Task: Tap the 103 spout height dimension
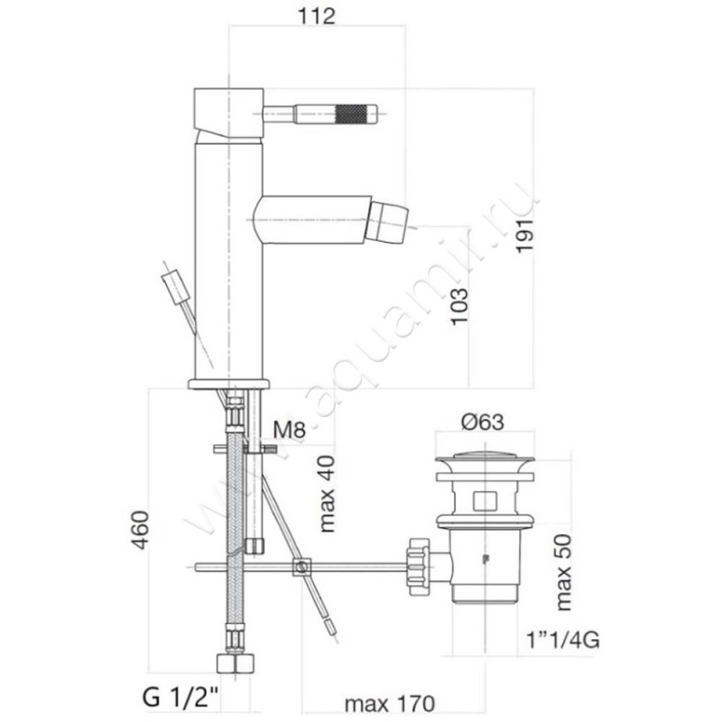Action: [x=459, y=307]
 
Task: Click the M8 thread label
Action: [x=290, y=430]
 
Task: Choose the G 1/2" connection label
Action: [x=181, y=697]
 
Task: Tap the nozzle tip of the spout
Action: [x=391, y=218]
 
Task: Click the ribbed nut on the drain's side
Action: [x=418, y=567]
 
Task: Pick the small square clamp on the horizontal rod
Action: [x=301, y=567]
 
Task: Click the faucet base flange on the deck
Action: [x=228, y=384]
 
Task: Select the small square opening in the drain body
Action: [x=484, y=498]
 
